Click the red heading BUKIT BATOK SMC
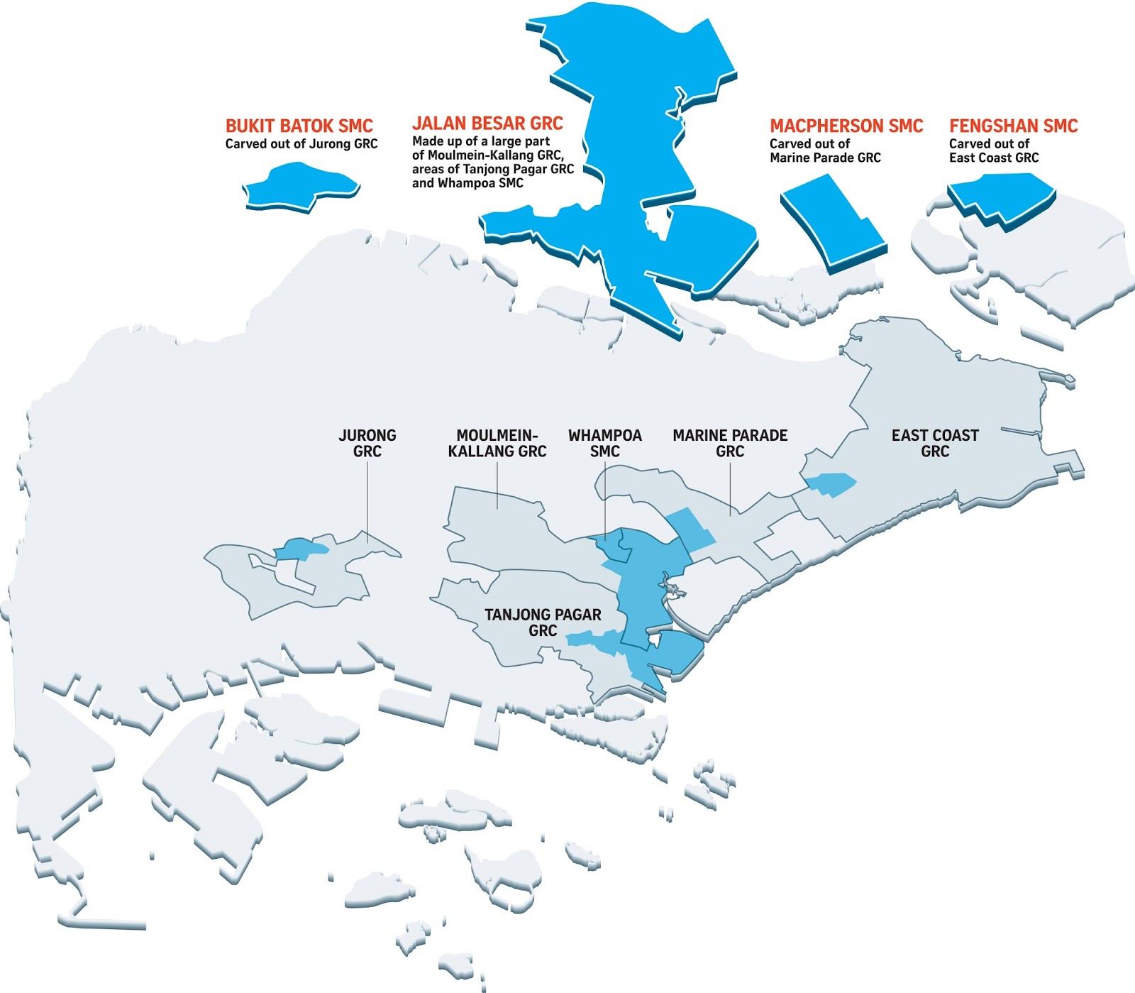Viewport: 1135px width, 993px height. click(299, 126)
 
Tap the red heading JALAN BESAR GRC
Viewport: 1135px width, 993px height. click(487, 124)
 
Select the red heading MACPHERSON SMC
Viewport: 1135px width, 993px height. click(846, 126)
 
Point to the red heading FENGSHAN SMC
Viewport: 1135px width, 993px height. click(1013, 126)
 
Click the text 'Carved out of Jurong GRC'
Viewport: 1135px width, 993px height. click(301, 144)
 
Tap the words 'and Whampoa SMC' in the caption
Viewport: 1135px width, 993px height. click(467, 183)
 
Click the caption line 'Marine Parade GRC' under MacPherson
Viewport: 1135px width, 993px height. click(825, 158)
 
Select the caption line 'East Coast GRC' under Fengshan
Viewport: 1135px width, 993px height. click(993, 158)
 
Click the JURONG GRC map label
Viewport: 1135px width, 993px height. click(367, 443)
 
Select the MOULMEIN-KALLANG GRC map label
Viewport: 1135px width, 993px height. click(497, 443)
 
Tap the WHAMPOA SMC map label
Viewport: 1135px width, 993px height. click(605, 443)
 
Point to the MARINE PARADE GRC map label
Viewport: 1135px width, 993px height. click(730, 443)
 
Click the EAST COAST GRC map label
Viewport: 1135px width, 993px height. click(935, 443)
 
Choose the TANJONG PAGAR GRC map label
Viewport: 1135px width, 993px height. click(543, 622)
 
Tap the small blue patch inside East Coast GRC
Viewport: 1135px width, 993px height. click(830, 484)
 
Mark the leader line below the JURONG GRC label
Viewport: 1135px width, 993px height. click(367, 500)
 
